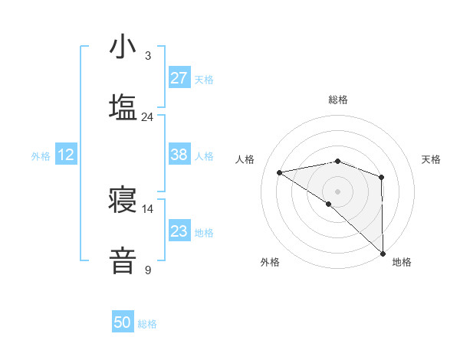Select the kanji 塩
(123, 107)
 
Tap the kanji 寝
(123, 200)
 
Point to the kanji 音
(123, 260)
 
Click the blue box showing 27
(179, 78)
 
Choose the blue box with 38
(179, 155)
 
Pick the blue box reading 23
(179, 231)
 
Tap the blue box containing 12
(66, 155)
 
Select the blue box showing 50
(123, 322)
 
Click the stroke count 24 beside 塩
(147, 117)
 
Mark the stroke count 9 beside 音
(147, 270)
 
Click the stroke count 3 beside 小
(147, 56)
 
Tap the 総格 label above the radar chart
(337, 100)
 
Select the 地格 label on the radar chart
(402, 262)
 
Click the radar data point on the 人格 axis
(280, 172)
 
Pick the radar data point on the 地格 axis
(383, 253)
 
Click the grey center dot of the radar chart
(337, 191)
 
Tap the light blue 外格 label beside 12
(41, 155)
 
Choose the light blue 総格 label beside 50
(147, 324)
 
